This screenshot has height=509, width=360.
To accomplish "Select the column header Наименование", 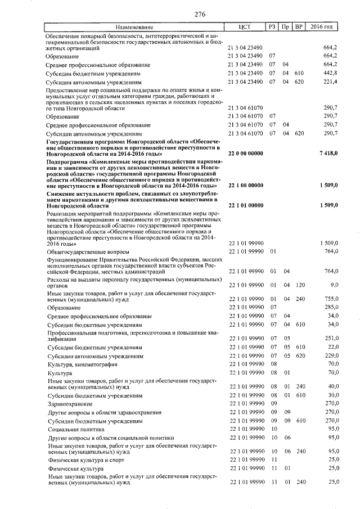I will click(x=134, y=27).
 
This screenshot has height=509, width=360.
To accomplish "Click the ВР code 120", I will click(x=299, y=285).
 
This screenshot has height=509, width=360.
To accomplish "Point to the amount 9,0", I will click(x=332, y=285).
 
